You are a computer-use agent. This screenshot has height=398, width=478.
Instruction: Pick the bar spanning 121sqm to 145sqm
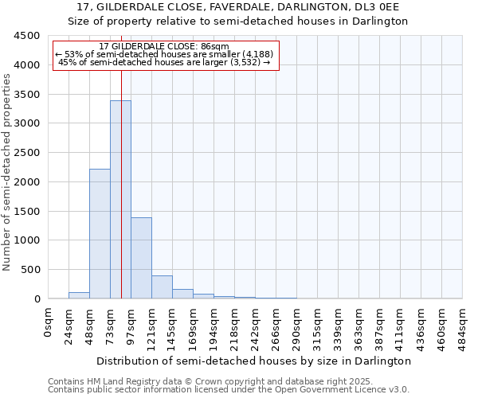coord(162,287)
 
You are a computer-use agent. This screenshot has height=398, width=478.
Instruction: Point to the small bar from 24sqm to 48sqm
coord(79,295)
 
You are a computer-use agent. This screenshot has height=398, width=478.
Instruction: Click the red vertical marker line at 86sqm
coord(121,159)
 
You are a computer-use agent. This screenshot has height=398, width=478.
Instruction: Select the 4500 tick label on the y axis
coord(26,36)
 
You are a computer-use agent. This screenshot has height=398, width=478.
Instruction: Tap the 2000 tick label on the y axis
coord(26,181)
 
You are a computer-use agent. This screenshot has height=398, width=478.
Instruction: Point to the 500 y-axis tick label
coord(29,270)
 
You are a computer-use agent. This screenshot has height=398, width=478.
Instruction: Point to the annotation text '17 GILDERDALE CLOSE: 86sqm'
coord(166,46)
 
